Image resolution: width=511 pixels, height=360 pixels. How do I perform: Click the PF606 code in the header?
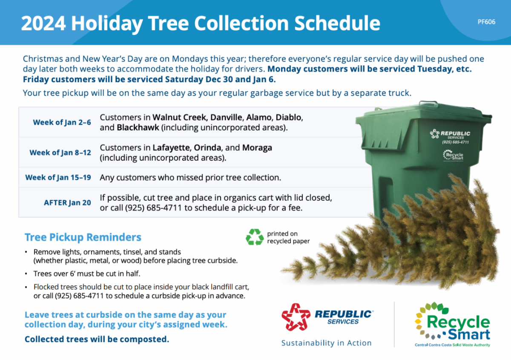pyautogui.click(x=486, y=22)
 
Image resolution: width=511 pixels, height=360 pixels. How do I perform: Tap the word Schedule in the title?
pyautogui.click(x=337, y=23)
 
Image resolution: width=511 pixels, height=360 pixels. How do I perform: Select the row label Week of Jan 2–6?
pyautogui.click(x=62, y=122)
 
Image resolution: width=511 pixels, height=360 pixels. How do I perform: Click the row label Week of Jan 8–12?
pyautogui.click(x=60, y=153)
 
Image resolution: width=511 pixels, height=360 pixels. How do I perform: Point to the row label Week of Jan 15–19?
pyautogui.click(x=58, y=177)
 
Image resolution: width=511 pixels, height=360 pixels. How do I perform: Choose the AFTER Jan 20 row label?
pyautogui.click(x=67, y=202)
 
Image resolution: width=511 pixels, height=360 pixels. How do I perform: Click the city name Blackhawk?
pyautogui.click(x=138, y=127)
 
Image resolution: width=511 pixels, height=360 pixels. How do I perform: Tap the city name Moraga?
pyautogui.click(x=257, y=148)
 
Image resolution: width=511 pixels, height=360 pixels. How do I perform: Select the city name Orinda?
pyautogui.click(x=207, y=148)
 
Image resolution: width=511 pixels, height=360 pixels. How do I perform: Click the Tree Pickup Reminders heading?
pyautogui.click(x=83, y=237)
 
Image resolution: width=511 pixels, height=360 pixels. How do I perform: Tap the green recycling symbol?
pyautogui.click(x=255, y=237)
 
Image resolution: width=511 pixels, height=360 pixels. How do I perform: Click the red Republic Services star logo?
pyautogui.click(x=296, y=317)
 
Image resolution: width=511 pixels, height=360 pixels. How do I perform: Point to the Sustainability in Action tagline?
pyautogui.click(x=327, y=343)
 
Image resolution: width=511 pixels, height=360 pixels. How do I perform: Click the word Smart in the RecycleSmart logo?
pyautogui.click(x=469, y=334)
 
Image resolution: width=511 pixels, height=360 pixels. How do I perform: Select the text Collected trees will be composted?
pyautogui.click(x=97, y=339)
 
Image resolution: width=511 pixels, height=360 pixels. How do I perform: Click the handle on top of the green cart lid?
pyautogui.click(x=428, y=103)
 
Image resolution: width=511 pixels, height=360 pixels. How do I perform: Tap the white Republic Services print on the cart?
pyautogui.click(x=451, y=136)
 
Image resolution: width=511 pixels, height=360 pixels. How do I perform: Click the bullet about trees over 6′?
pyautogui.click(x=87, y=274)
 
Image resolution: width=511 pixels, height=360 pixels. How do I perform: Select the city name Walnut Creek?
pyautogui.click(x=179, y=117)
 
